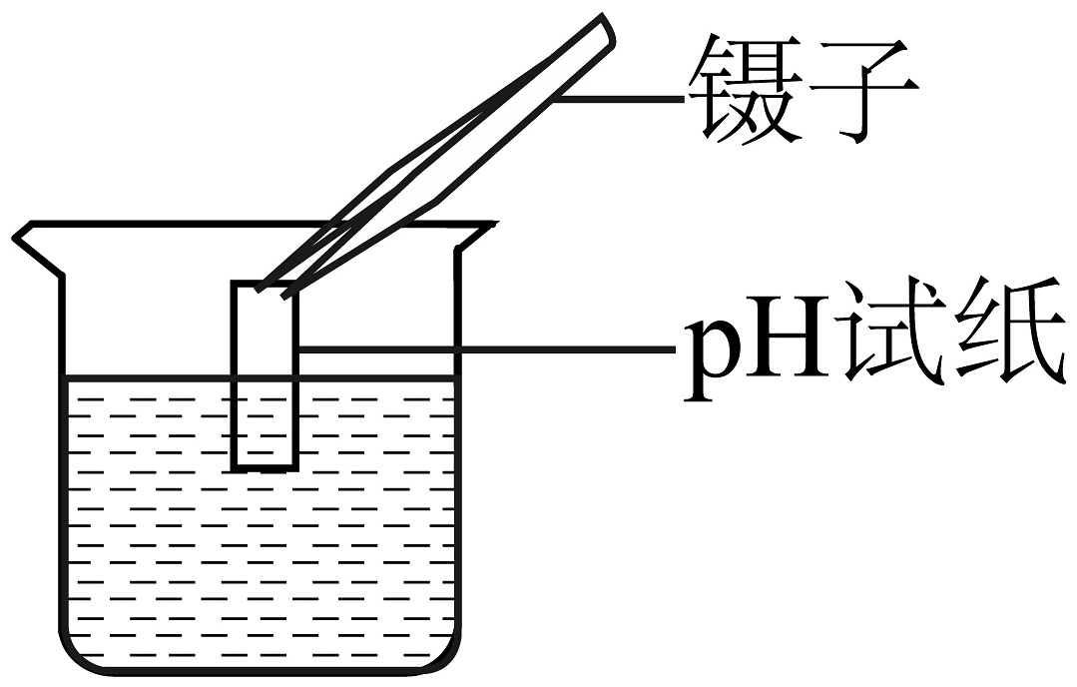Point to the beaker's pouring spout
click(x=39, y=248)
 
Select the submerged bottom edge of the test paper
click(x=266, y=467)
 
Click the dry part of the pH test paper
click(x=266, y=330)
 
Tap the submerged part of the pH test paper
click(x=266, y=422)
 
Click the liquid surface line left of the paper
click(x=149, y=377)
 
